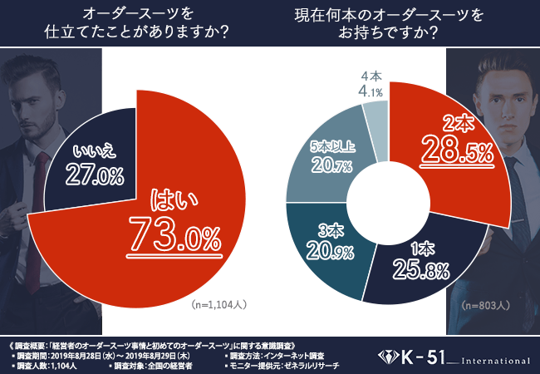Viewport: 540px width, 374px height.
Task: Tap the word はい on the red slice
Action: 170,199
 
